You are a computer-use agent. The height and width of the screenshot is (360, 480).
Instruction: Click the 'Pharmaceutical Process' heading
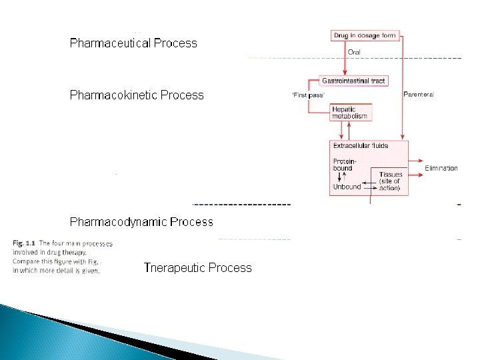[133, 43]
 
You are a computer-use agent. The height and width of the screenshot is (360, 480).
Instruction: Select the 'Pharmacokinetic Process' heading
[137, 95]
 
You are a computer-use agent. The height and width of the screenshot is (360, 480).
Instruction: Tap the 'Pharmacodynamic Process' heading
[141, 221]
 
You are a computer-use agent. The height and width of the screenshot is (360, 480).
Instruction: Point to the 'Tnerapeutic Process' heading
[197, 268]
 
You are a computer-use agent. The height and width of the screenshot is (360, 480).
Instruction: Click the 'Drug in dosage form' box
[365, 35]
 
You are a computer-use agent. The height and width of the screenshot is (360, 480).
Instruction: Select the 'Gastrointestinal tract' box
[353, 81]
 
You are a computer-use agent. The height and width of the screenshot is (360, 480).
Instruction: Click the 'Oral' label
[355, 51]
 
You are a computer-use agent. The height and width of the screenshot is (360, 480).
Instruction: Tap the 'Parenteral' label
[419, 95]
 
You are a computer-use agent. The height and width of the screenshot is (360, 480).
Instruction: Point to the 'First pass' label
[308, 95]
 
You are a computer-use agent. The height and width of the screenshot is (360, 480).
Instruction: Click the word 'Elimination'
[441, 168]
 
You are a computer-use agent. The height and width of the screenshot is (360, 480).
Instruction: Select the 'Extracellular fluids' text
[360, 145]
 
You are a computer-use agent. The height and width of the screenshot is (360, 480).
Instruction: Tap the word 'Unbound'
[346, 187]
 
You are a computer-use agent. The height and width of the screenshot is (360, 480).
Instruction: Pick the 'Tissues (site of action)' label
[389, 181]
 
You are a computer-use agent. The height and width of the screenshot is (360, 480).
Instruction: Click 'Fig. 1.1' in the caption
[24, 243]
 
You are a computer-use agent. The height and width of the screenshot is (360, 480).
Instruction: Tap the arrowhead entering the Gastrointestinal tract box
[345, 73]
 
